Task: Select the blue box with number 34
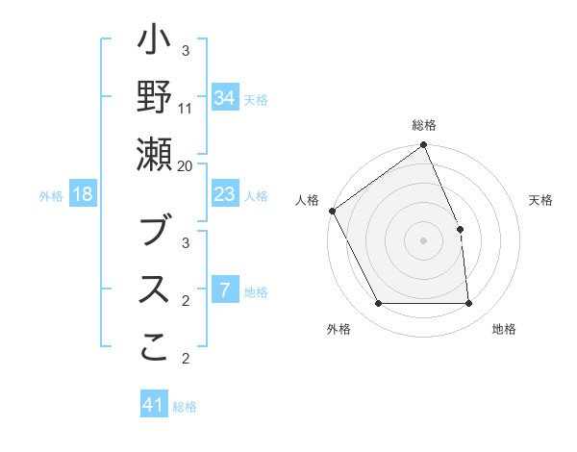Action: point(224,97)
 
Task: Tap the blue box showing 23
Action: point(224,195)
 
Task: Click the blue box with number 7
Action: point(224,290)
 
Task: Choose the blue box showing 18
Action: point(83,195)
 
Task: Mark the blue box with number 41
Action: point(154,405)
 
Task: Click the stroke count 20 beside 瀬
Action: point(186,166)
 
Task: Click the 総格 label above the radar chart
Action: point(424,126)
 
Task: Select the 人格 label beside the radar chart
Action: point(308,199)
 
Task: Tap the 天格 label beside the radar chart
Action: point(540,199)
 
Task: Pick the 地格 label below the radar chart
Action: point(504,329)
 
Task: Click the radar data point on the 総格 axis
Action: point(424,146)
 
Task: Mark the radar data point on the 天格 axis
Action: point(460,229)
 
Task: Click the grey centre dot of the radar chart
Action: point(424,240)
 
